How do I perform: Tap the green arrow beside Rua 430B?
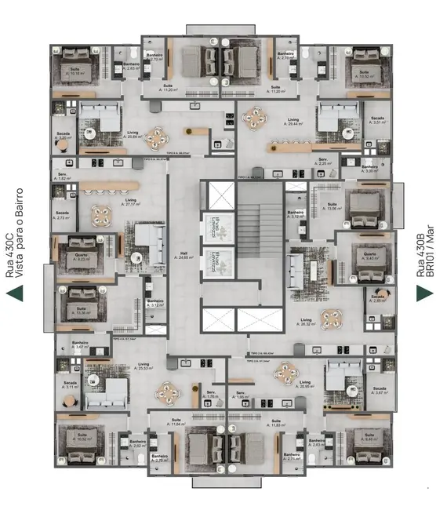[424, 293]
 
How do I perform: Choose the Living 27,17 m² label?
[131, 202]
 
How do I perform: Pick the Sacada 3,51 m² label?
[380, 120]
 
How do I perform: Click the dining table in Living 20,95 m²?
[282, 375]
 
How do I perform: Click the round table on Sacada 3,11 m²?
[69, 401]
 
